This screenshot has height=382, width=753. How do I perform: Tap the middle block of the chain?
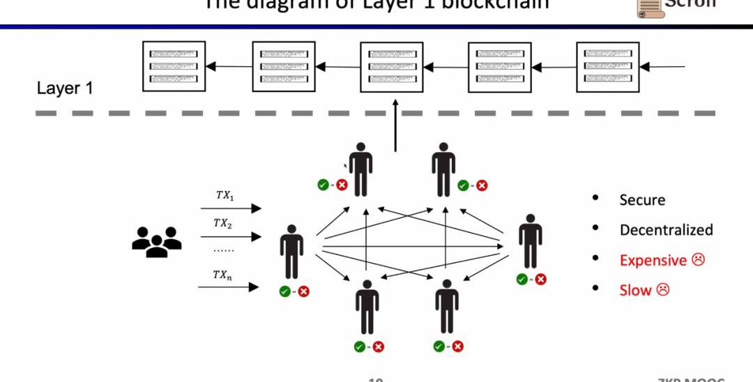click(391, 67)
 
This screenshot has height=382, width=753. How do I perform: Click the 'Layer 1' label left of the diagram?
click(65, 89)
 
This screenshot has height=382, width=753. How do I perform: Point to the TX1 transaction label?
click(225, 196)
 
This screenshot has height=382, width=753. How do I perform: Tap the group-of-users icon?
click(156, 241)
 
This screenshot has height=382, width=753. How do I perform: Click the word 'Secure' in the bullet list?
click(642, 200)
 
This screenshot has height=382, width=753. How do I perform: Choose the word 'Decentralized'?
click(666, 230)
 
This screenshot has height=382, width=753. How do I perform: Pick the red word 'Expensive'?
click(653, 260)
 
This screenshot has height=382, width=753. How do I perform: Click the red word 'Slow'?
click(635, 290)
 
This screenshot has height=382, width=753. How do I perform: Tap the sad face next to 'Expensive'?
click(698, 259)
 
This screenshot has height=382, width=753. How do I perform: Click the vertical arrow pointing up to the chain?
click(395, 126)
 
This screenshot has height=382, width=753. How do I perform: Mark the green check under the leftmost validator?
click(284, 291)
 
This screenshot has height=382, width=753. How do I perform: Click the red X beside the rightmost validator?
click(540, 279)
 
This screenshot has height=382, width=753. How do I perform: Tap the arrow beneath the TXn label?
click(230, 286)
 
